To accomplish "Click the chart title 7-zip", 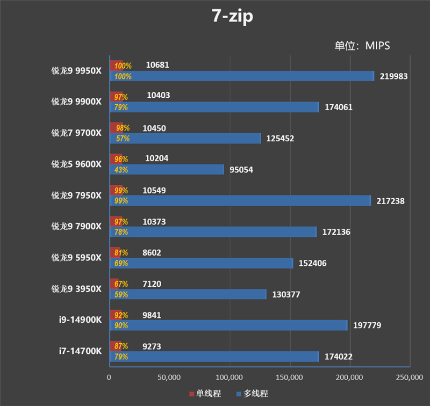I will pyautogui.click(x=232, y=16).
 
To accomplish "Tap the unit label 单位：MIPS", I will pyautogui.click(x=362, y=46).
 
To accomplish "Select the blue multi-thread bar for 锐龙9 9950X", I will pyautogui.click(x=242, y=76).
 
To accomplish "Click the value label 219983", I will pyautogui.click(x=394, y=76).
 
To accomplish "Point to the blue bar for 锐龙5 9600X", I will pyautogui.click(x=167, y=170).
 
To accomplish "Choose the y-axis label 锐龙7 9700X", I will pyautogui.click(x=76, y=133).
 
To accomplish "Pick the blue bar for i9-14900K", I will pyautogui.click(x=228, y=325).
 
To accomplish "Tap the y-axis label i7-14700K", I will pyautogui.click(x=80, y=351).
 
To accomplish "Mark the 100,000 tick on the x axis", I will pyautogui.click(x=230, y=378).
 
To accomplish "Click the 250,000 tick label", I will pyautogui.click(x=409, y=378).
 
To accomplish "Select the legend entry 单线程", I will pyautogui.click(x=204, y=394).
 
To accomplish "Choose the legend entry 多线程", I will pyautogui.click(x=252, y=394).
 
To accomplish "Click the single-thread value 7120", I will pyautogui.click(x=152, y=284).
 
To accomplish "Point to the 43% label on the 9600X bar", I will pyautogui.click(x=121, y=170).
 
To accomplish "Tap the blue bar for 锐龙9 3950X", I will pyautogui.click(x=188, y=294).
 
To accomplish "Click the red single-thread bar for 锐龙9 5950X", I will pyautogui.click(x=115, y=252).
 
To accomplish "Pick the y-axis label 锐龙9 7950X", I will pyautogui.click(x=76, y=195).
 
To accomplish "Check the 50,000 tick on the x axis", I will pyautogui.click(x=169, y=378).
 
